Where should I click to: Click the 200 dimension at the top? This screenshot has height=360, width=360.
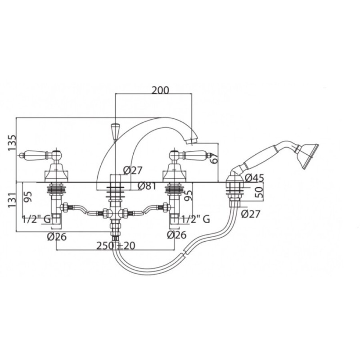pos(160,90)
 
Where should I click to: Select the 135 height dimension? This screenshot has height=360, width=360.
pos(13,143)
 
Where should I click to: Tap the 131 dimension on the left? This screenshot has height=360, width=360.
pos(13,200)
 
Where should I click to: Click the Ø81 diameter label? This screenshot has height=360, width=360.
pos(147,186)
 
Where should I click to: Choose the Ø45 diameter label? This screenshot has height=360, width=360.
pos(254,178)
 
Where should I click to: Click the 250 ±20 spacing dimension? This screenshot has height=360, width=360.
pos(116,246)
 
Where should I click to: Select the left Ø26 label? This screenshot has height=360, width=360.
pos(57,237)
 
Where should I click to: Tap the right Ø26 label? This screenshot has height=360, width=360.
pos(176,235)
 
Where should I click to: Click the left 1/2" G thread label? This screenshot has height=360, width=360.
pos(36,219)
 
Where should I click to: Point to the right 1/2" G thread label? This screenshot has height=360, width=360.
pos(196,219)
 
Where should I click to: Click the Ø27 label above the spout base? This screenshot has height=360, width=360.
pos(133,171)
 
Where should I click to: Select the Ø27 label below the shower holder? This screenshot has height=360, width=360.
pos(251,214)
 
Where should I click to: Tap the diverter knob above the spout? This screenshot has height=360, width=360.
pos(115,131)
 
